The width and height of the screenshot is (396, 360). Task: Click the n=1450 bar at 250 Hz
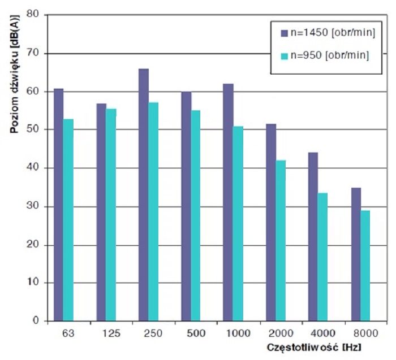click(144, 195)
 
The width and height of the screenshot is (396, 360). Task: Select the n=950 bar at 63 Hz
click(68, 220)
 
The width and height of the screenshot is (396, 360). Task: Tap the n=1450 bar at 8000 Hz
click(356, 254)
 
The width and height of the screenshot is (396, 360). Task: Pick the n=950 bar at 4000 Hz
click(322, 257)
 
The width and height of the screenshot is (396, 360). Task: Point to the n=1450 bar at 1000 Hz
click(228, 202)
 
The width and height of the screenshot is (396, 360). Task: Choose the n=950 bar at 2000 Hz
click(280, 241)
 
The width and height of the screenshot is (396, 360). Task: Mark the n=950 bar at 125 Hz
click(111, 215)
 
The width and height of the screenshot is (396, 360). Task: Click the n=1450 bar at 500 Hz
click(186, 206)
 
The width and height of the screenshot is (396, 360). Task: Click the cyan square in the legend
click(285, 55)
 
